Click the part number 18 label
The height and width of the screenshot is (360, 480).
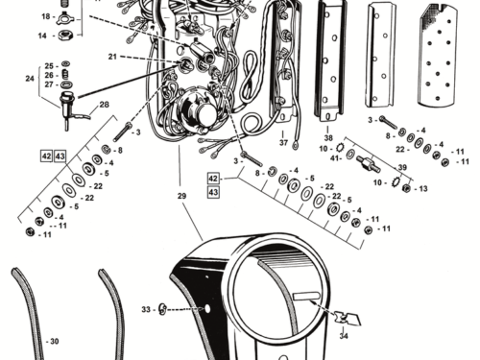[46, 16]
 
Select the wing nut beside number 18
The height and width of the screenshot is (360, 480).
[65, 19]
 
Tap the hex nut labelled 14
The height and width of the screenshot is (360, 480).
[66, 35]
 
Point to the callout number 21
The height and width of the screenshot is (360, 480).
[112, 57]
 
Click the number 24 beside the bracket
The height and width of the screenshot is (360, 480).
[30, 79]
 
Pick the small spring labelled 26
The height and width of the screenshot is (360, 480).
[64, 74]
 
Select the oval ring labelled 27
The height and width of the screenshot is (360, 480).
[66, 84]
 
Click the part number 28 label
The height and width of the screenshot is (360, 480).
[104, 105]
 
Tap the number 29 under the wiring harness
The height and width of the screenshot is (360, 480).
[181, 196]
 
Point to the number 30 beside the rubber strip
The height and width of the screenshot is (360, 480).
[55, 342]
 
